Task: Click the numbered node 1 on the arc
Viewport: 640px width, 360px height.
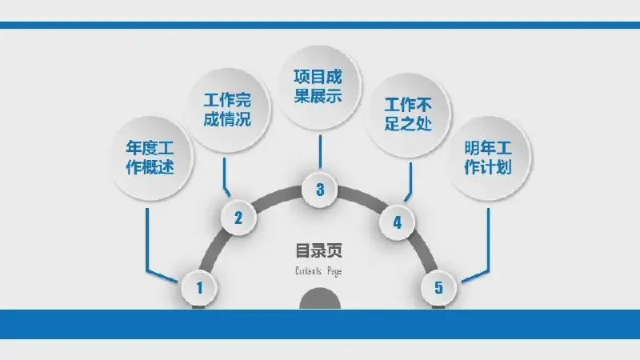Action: point(199,288)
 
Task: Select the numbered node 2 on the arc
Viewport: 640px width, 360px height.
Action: point(238,218)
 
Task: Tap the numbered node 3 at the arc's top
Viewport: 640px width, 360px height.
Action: point(319,190)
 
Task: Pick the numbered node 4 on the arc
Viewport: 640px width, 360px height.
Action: point(397,222)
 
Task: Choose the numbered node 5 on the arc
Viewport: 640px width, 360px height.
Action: point(438,287)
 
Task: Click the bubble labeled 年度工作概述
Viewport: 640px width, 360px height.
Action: point(151,158)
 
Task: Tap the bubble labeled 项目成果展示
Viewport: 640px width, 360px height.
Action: point(319,86)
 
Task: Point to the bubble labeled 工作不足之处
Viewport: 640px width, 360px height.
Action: point(408,114)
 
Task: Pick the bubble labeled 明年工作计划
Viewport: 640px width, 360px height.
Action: point(488,158)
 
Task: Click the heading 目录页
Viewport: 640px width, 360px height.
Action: point(318,250)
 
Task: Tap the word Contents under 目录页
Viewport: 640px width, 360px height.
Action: point(309,270)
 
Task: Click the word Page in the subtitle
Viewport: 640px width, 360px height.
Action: point(334,271)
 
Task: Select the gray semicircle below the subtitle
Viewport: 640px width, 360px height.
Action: point(320,299)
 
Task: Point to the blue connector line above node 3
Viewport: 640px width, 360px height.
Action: point(320,151)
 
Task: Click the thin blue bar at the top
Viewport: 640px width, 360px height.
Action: point(320,26)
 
